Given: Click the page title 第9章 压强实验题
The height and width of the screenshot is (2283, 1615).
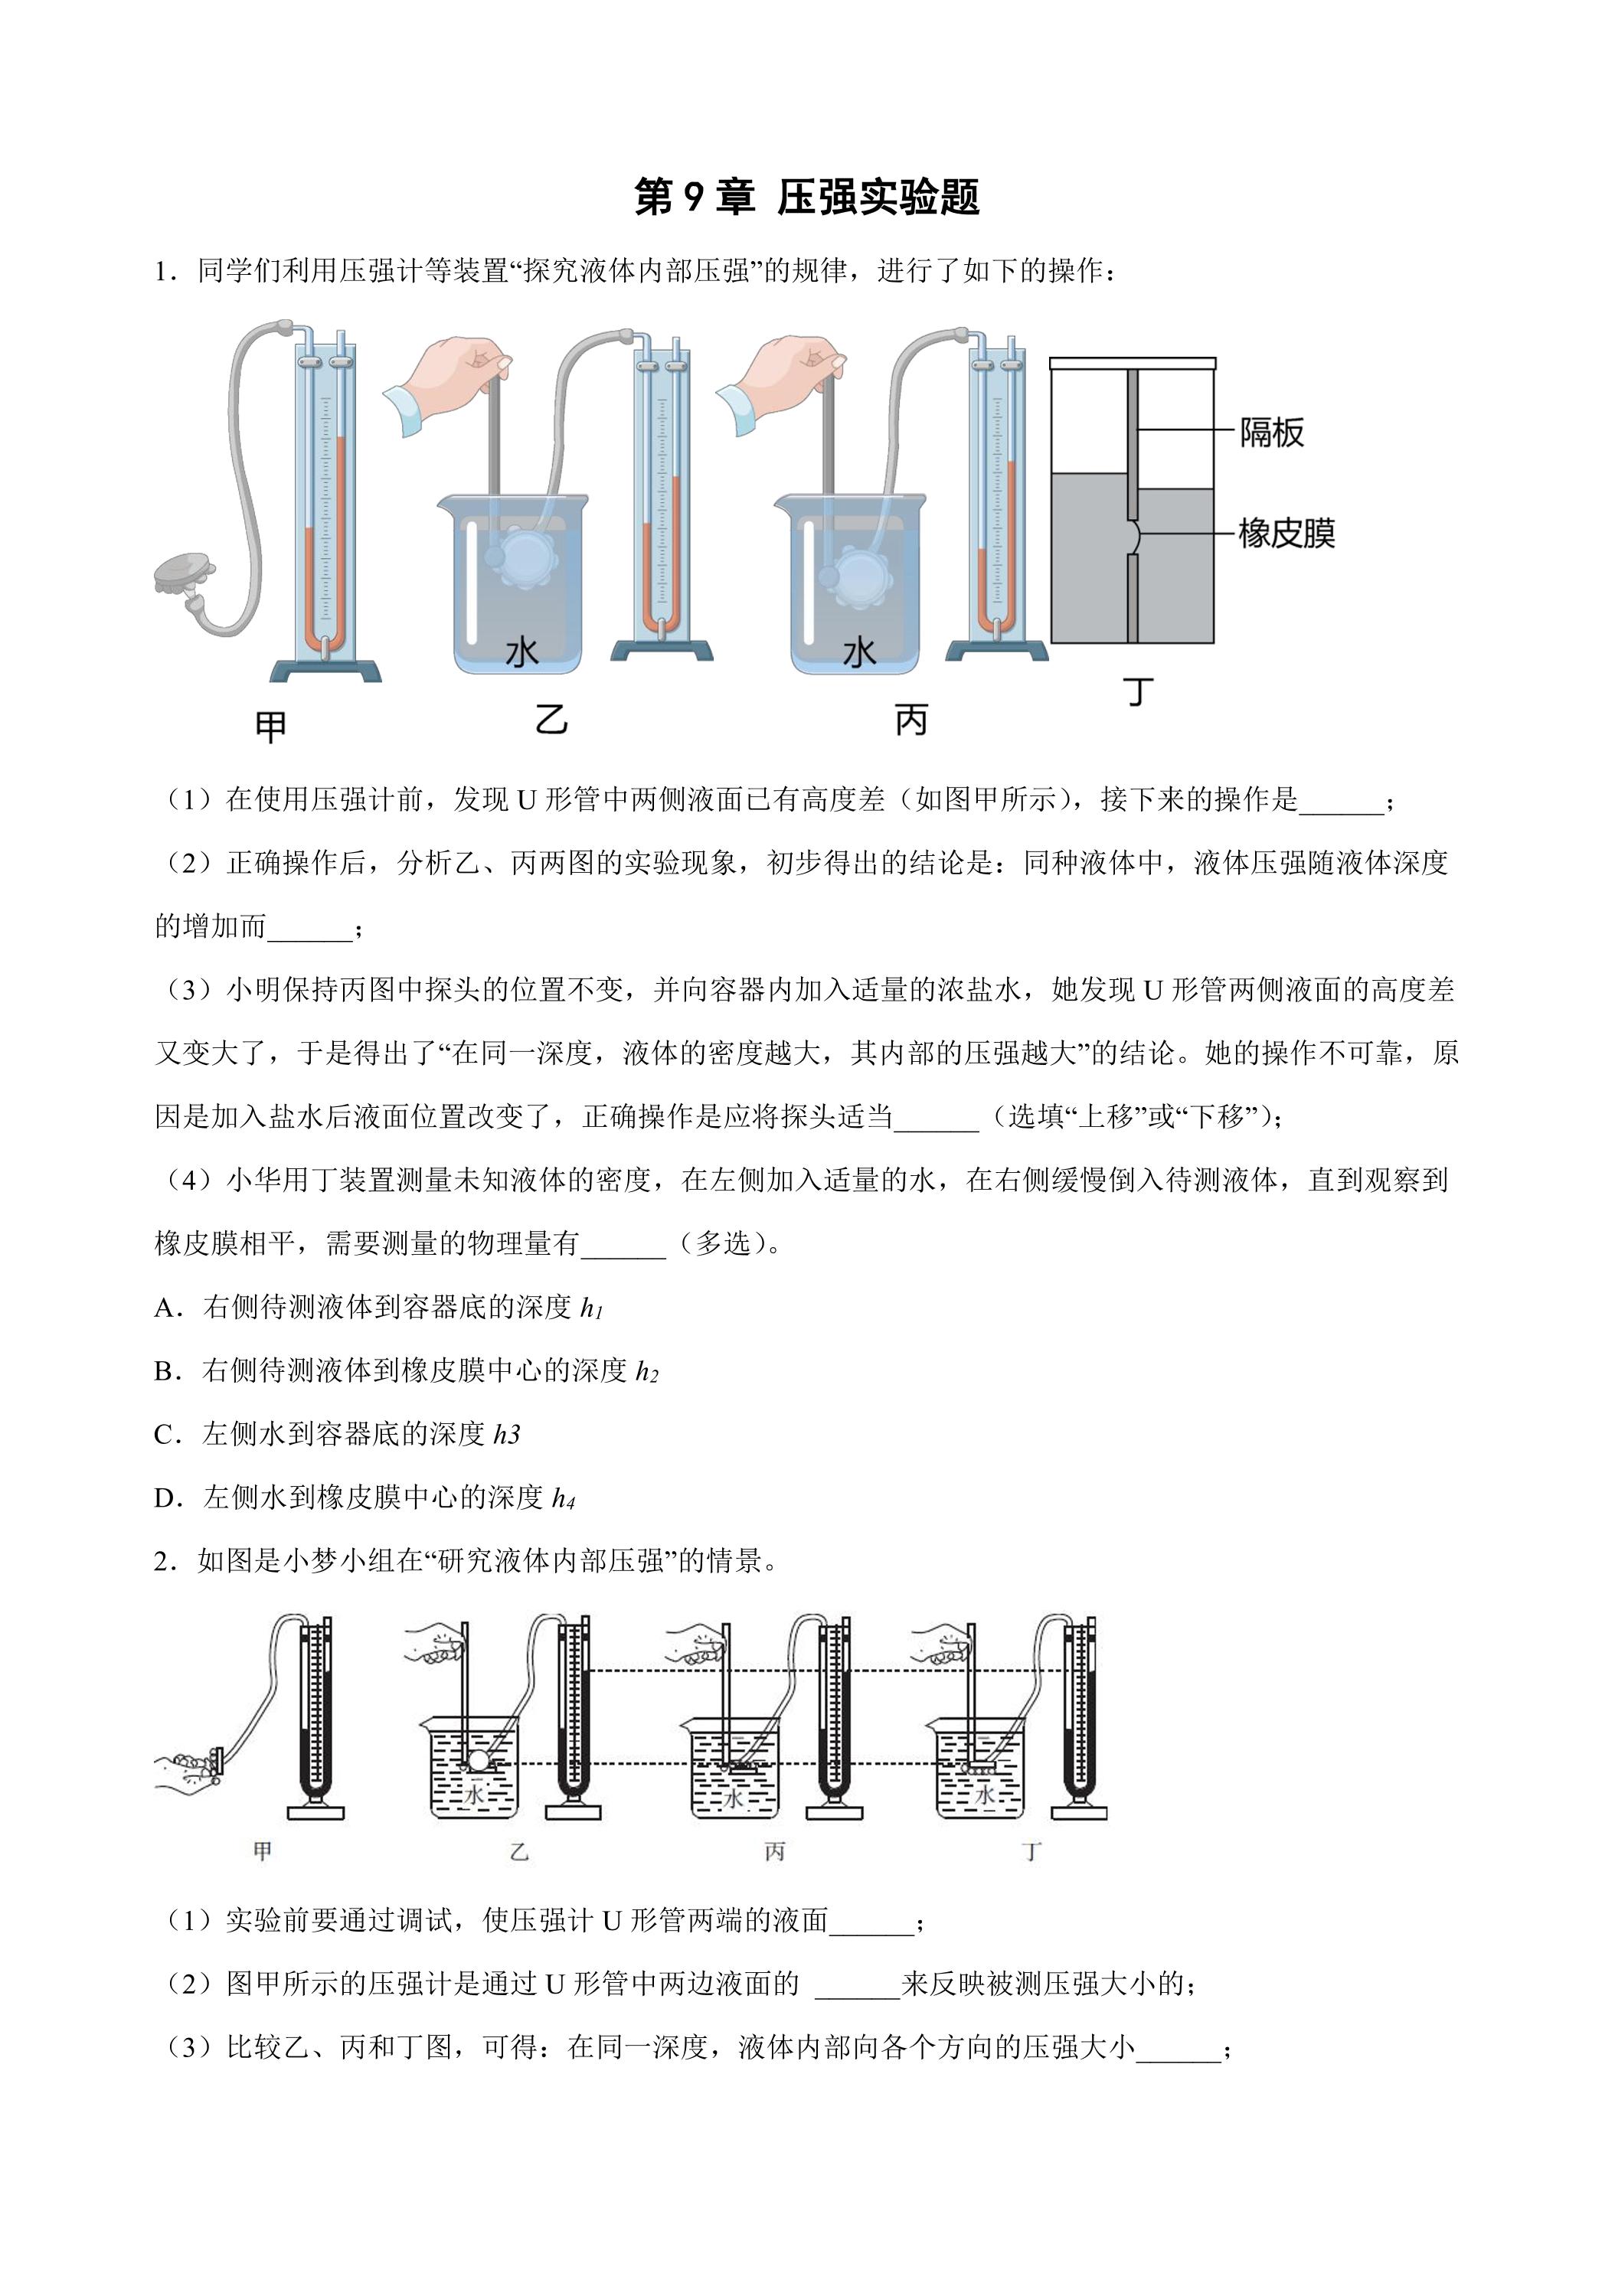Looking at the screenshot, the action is click(806, 198).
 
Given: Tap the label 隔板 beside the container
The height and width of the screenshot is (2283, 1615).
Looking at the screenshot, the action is click(1271, 433).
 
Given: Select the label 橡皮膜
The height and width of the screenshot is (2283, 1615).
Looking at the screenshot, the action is click(1286, 533).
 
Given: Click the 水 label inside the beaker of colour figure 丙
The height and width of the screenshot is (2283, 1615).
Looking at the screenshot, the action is click(858, 652).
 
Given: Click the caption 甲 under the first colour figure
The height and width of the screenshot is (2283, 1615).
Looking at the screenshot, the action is click(270, 727).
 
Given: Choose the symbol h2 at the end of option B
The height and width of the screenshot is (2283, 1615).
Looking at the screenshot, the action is click(647, 1372).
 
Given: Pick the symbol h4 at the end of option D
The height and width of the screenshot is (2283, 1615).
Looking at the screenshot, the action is click(564, 1498).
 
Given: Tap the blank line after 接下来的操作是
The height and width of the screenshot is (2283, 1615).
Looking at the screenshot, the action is click(1341, 802).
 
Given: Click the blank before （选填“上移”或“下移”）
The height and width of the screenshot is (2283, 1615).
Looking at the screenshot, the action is click(936, 1119).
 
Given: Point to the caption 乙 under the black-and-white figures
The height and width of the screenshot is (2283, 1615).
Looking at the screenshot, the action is click(519, 1851).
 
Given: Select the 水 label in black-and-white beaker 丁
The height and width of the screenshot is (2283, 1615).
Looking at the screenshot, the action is click(985, 1794).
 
